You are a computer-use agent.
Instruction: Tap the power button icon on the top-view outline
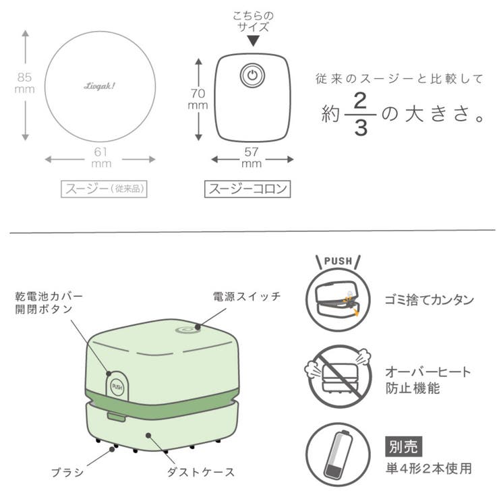[x=252, y=76]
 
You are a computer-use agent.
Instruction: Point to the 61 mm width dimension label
[x=100, y=156]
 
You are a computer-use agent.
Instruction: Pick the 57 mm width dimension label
[x=252, y=157]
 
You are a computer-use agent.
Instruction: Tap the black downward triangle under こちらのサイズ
[x=252, y=42]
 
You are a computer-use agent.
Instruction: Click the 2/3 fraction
[x=361, y=114]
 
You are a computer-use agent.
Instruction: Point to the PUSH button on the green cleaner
[x=117, y=386]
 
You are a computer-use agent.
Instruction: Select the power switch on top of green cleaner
[x=187, y=329]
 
